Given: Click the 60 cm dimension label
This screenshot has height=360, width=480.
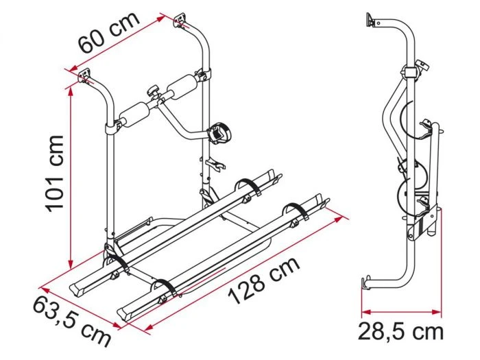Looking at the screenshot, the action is (109, 33).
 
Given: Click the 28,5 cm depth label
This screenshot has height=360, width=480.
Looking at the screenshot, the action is (401, 331).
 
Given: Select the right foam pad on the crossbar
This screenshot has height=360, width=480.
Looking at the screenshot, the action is (182, 86).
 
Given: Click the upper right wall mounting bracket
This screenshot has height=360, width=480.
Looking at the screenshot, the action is (180, 21).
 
